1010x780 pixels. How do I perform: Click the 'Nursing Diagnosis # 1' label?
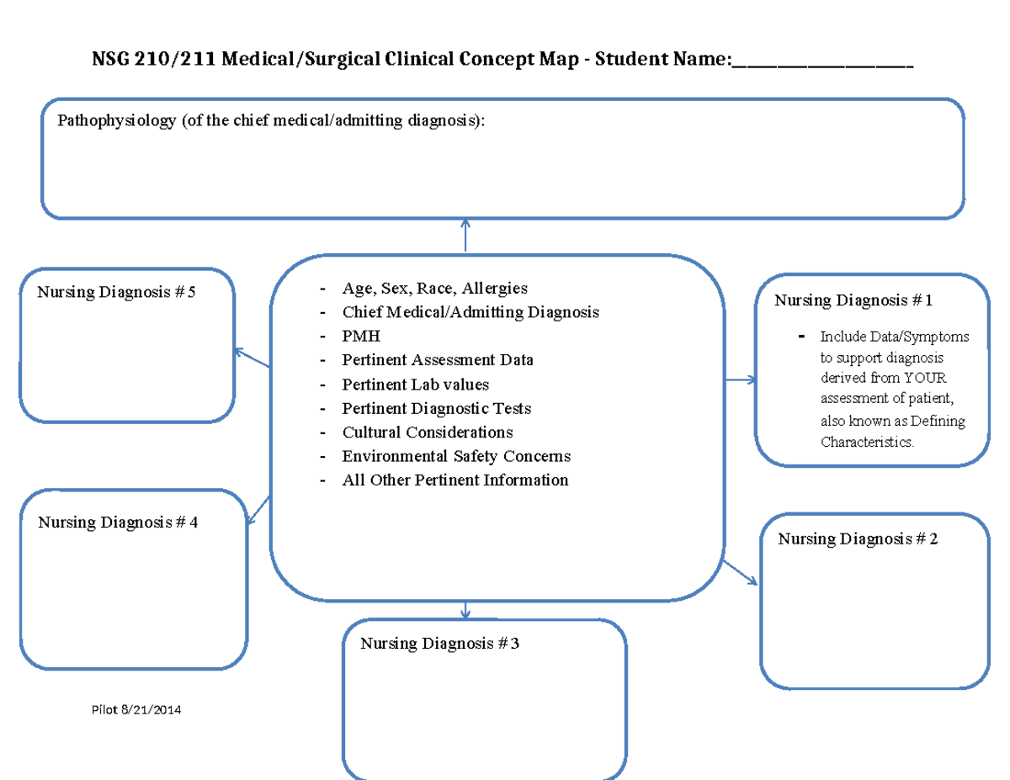coord(853,300)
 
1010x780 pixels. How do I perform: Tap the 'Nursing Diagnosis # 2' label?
coord(858,539)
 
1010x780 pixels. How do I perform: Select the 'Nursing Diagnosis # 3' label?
coord(440,644)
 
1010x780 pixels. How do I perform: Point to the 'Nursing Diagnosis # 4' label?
coord(118,523)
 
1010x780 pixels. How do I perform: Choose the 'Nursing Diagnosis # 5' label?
coord(116,293)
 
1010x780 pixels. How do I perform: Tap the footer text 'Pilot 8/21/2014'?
coord(136,710)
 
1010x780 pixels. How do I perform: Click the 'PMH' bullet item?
coord(361,336)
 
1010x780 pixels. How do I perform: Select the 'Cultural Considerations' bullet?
coord(427,432)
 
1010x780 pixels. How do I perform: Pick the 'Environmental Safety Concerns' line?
coord(456,456)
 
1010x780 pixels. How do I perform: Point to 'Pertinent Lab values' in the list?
coord(415,384)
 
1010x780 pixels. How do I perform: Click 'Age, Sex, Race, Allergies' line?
coord(434,288)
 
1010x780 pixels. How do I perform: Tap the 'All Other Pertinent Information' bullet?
coord(454,480)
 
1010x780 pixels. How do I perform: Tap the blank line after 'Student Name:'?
coord(822,61)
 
